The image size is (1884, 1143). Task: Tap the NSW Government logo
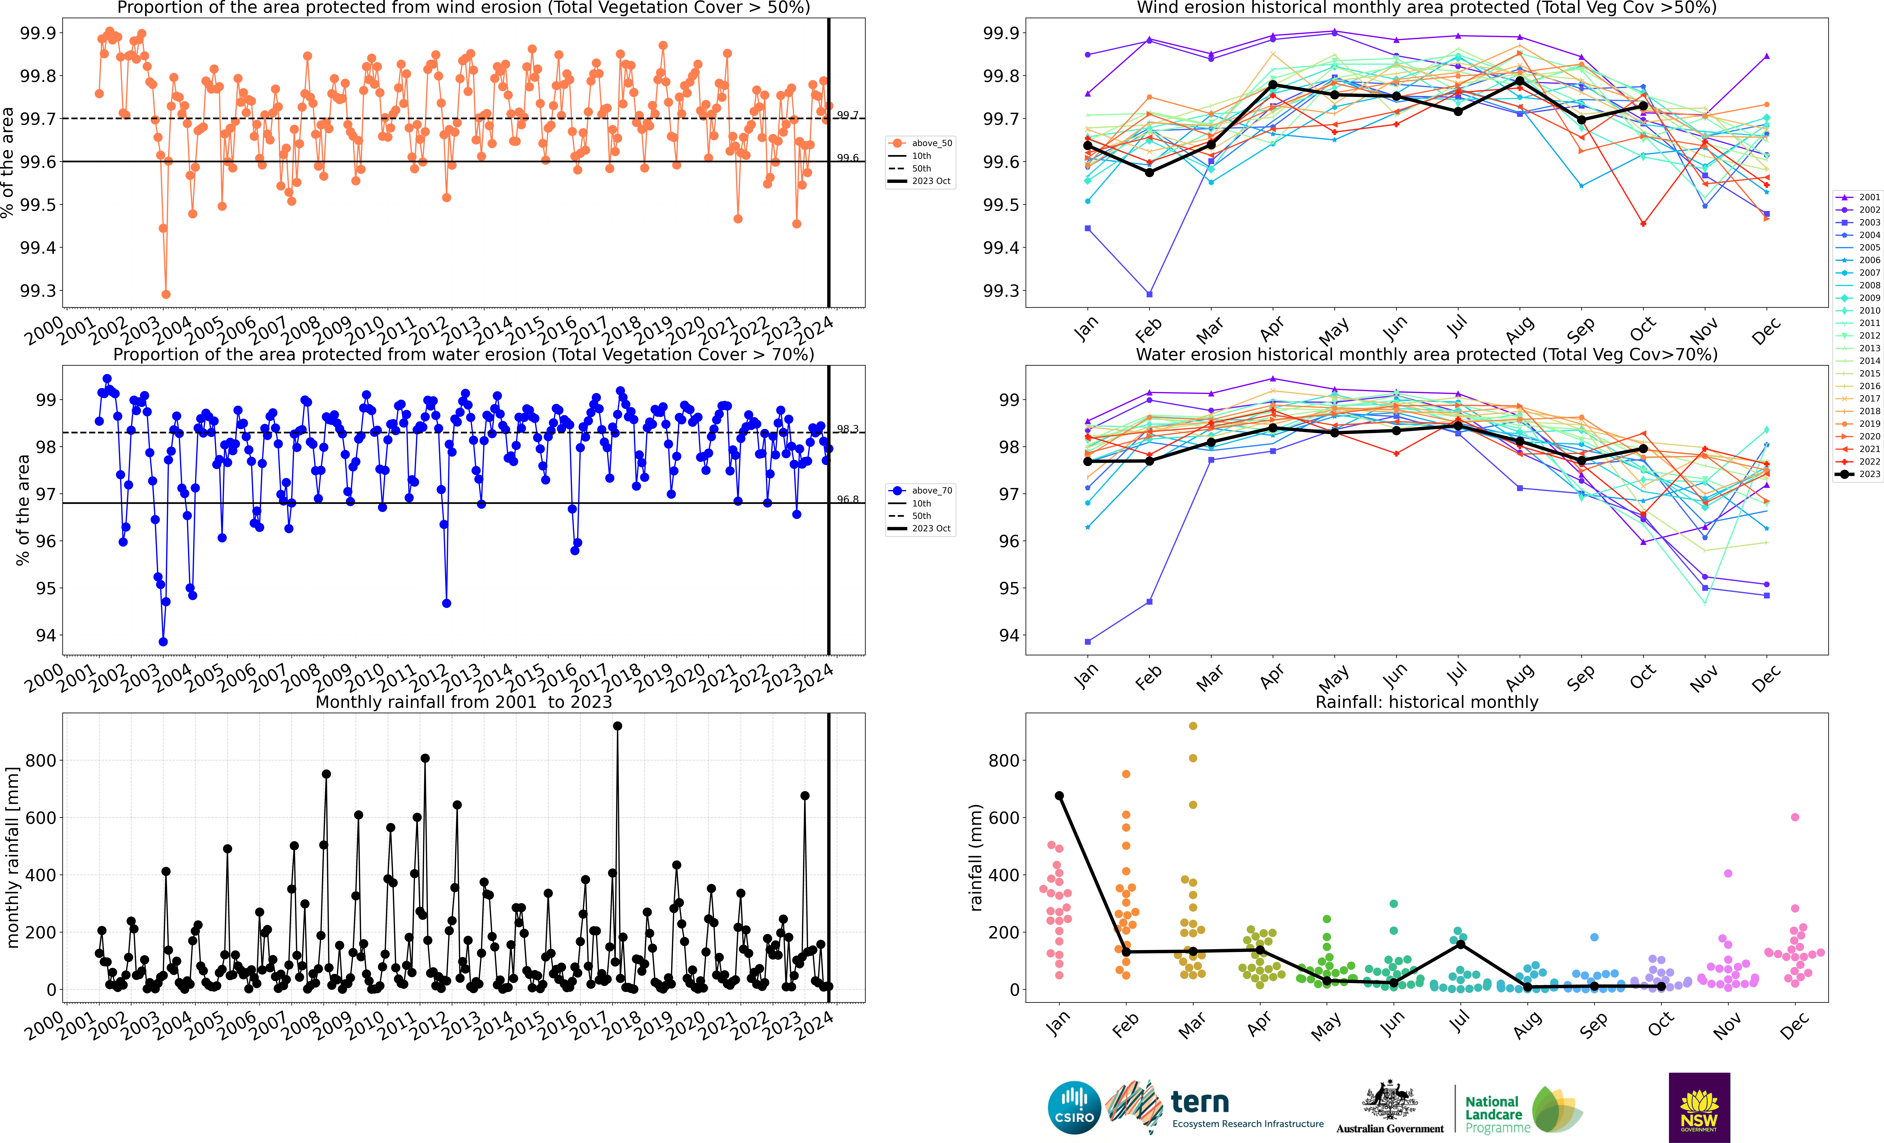pyautogui.click(x=1699, y=1107)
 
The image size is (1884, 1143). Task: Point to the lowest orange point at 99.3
pyautogui.click(x=166, y=294)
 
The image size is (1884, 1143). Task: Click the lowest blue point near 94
pyautogui.click(x=163, y=642)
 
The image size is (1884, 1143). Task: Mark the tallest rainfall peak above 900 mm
pyautogui.click(x=618, y=726)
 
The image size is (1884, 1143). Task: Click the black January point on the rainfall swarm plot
pyautogui.click(x=1059, y=796)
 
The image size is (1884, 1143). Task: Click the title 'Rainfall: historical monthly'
pyautogui.click(x=1426, y=702)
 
